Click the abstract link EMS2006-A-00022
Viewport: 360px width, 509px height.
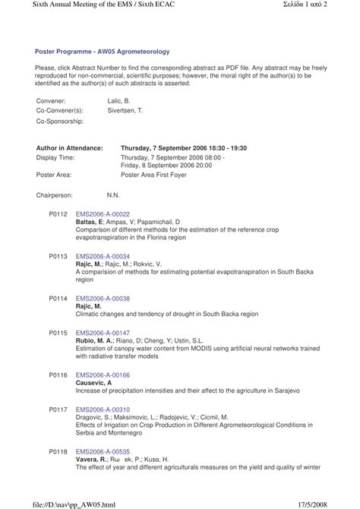[x=103, y=214]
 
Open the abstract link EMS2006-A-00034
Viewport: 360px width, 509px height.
[x=103, y=257]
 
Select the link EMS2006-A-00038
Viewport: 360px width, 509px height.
[x=103, y=299]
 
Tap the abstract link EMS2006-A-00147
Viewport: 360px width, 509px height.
[x=103, y=333]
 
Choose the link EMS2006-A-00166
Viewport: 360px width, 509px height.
[x=103, y=375]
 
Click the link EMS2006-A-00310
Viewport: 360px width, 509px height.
[x=103, y=409]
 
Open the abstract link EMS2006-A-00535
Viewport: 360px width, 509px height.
[x=103, y=451]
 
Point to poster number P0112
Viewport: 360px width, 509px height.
[x=58, y=214]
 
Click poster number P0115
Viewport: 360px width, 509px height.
[x=58, y=333]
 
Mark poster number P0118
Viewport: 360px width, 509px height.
[x=58, y=451]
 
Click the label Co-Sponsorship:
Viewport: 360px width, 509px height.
[x=60, y=121]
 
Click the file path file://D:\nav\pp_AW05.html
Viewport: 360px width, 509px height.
[x=57, y=503]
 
